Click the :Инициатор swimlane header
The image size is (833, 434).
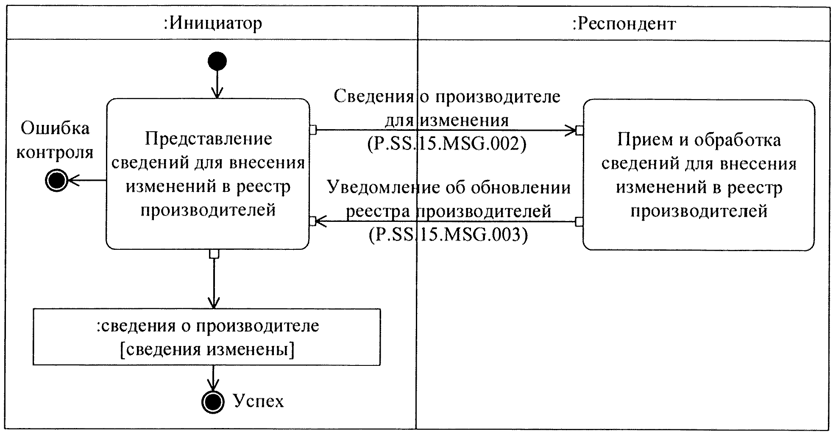(213, 23)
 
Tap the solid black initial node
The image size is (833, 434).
(217, 61)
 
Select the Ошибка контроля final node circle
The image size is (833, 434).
(56, 181)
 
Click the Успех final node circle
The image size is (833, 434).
(212, 401)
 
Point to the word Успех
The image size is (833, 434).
(259, 400)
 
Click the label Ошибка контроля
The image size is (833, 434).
(55, 140)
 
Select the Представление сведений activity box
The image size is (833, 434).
(208, 174)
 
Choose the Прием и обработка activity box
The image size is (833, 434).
(699, 175)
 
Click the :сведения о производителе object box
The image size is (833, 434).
(206, 337)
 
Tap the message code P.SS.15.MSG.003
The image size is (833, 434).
(449, 235)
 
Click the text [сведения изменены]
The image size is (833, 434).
(207, 350)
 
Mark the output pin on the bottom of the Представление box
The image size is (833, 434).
(215, 254)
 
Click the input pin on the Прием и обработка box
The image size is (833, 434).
(579, 130)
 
